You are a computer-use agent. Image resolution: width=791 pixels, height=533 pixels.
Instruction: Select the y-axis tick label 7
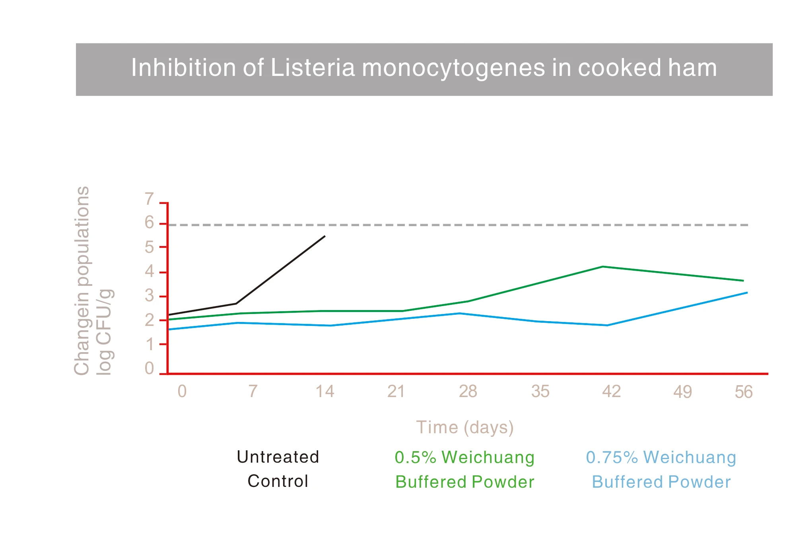[x=149, y=199]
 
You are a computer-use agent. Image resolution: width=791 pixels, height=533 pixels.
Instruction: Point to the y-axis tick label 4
[x=149, y=272]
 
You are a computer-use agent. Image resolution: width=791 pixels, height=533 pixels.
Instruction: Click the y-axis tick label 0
[x=149, y=368]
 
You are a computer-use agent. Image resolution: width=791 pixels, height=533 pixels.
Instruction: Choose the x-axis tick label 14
[x=325, y=392]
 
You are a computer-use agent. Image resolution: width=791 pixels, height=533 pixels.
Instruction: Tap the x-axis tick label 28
[x=468, y=392]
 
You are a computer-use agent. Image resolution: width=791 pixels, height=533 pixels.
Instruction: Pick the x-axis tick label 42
[x=611, y=392]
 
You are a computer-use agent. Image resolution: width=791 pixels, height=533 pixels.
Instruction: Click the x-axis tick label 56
[x=743, y=392]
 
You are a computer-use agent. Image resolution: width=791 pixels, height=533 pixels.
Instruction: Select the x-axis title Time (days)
[x=465, y=428]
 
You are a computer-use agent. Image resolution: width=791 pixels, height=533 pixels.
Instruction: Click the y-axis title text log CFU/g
[x=104, y=332]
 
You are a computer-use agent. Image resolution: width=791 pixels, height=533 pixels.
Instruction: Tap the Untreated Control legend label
[x=278, y=469]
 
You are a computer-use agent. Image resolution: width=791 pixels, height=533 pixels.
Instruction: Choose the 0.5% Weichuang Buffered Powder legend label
[x=464, y=469]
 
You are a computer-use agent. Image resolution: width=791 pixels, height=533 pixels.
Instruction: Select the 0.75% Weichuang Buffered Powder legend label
[x=661, y=469]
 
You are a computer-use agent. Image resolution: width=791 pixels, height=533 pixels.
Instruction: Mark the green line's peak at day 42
[x=603, y=267]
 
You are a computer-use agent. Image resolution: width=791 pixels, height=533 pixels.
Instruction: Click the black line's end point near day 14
[x=325, y=236]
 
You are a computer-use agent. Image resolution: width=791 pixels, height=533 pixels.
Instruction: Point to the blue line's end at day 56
[x=747, y=293]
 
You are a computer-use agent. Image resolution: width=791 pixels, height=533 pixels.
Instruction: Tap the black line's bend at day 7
[x=236, y=304]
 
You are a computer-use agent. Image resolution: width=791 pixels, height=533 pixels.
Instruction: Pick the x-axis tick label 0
[x=182, y=392]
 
